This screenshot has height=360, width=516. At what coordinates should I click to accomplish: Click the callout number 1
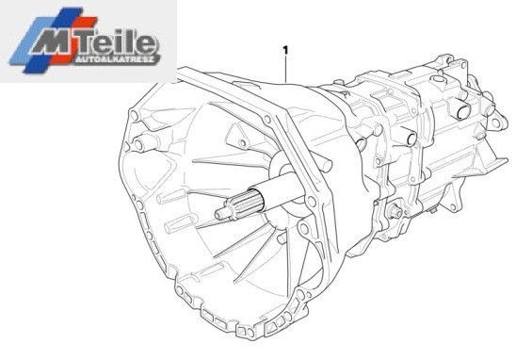pos(285,50)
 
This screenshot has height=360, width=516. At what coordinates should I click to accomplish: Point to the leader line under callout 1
pos(286,69)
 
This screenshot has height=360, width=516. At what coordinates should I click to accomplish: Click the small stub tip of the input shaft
pos(220,214)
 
